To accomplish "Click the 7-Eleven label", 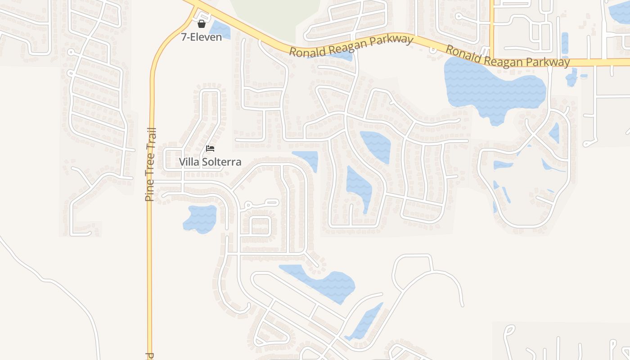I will pos(201,37).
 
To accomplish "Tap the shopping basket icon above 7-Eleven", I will pos(202,24).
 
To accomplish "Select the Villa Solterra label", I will pos(210,162).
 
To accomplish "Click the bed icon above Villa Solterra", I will pos(210,148).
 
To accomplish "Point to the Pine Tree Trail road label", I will pos(151,164).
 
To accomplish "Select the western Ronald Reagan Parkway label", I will pos(351,45).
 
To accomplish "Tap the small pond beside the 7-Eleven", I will pos(220,30).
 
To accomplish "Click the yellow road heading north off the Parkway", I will pos(491,22).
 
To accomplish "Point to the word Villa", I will pos(189,162).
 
